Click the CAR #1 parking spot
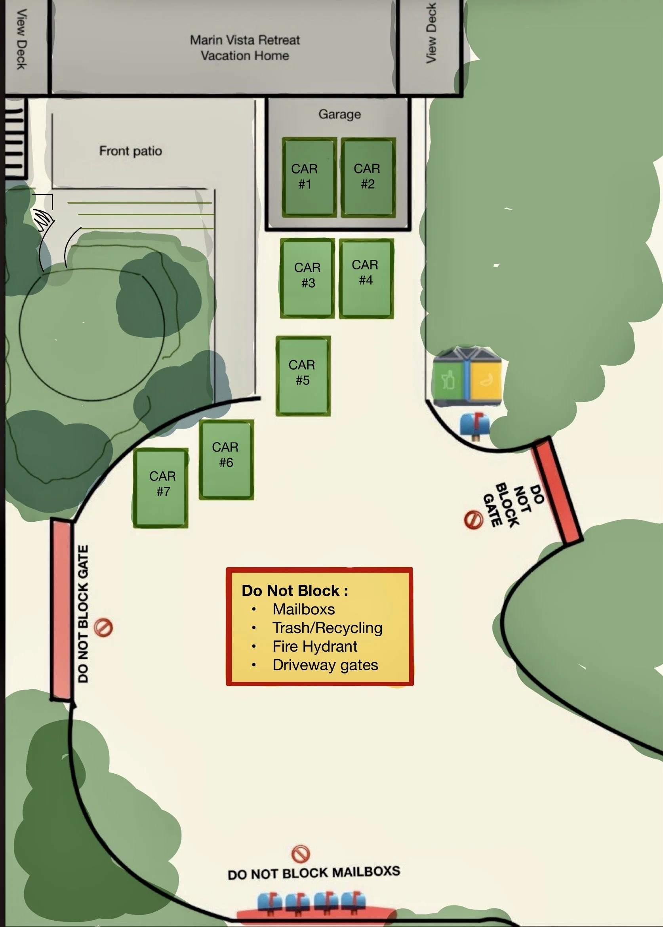pyautogui.click(x=309, y=177)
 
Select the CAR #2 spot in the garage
pyautogui.click(x=368, y=177)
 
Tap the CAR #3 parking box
pyautogui.click(x=307, y=278)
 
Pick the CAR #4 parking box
pyautogui.click(x=366, y=278)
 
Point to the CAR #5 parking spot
pyautogui.click(x=303, y=375)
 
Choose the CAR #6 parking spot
pyautogui.click(x=226, y=459)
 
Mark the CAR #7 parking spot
pyautogui.click(x=160, y=488)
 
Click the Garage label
pyautogui.click(x=340, y=114)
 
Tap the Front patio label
pyautogui.click(x=131, y=151)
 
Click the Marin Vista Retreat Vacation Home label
pyautogui.click(x=245, y=48)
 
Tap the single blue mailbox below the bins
pyautogui.click(x=474, y=425)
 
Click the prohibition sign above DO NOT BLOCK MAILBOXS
pyautogui.click(x=301, y=853)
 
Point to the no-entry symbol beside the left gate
pyautogui.click(x=103, y=628)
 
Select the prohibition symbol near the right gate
pyautogui.click(x=474, y=519)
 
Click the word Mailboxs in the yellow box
pyautogui.click(x=304, y=609)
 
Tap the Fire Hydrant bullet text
pyautogui.click(x=315, y=647)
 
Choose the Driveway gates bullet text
pyautogui.click(x=326, y=665)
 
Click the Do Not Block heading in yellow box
pyautogui.click(x=295, y=591)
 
